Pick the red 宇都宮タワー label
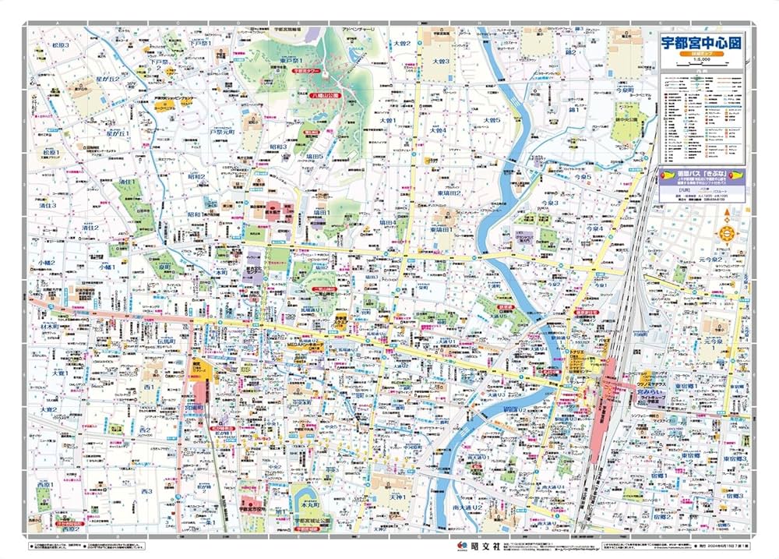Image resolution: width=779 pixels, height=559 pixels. click(307, 70)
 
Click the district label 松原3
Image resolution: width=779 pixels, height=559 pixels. click(60, 46)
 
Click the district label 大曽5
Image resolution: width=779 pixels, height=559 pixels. click(491, 120)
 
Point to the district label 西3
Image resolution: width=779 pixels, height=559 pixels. click(146, 492)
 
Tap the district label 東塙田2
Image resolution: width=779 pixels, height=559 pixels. click(448, 193)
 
